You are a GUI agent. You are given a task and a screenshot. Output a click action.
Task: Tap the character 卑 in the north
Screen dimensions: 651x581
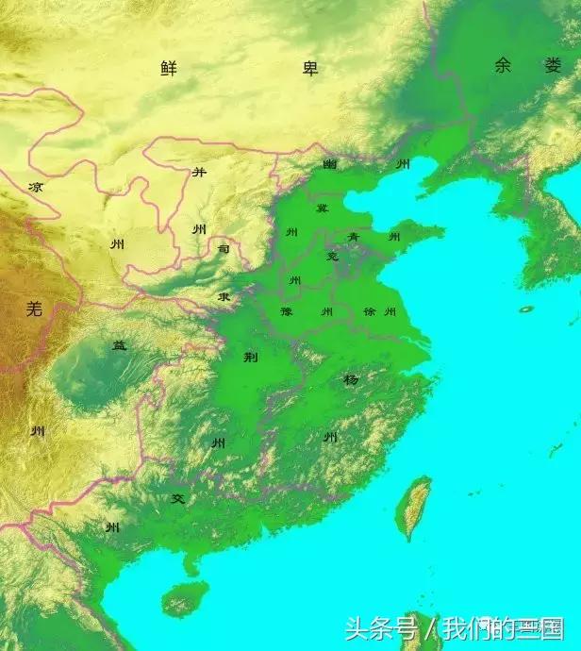pos(308,68)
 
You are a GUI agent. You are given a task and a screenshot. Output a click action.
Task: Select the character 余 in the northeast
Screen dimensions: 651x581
pos(503,65)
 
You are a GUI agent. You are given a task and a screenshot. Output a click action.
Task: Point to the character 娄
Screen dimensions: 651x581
pos(552,65)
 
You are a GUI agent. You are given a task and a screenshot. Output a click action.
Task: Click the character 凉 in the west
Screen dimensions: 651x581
pos(36,188)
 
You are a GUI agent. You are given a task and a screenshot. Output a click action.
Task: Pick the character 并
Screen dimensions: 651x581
pos(199,173)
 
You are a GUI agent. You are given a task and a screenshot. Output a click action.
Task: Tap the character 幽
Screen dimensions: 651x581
pos(329,164)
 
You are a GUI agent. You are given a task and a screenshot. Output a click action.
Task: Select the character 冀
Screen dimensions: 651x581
pos(323,208)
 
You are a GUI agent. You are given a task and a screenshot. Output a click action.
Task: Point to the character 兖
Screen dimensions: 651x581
pos(331,256)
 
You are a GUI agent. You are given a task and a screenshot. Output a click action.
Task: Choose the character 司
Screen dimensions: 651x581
pos(224,250)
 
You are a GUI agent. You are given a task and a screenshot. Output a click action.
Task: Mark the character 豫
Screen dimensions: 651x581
pos(286,311)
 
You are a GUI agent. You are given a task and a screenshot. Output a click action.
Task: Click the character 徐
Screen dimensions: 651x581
pos(370,311)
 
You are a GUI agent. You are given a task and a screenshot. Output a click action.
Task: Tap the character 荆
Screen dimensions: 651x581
pos(250,357)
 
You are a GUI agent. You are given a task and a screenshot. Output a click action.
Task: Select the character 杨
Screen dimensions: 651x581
pos(350,379)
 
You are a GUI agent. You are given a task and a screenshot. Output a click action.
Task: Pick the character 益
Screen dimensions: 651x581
pos(120,345)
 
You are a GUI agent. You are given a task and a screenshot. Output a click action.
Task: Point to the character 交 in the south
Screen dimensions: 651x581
pos(176,498)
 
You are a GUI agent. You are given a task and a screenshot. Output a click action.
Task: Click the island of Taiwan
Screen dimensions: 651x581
pos(415,507)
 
